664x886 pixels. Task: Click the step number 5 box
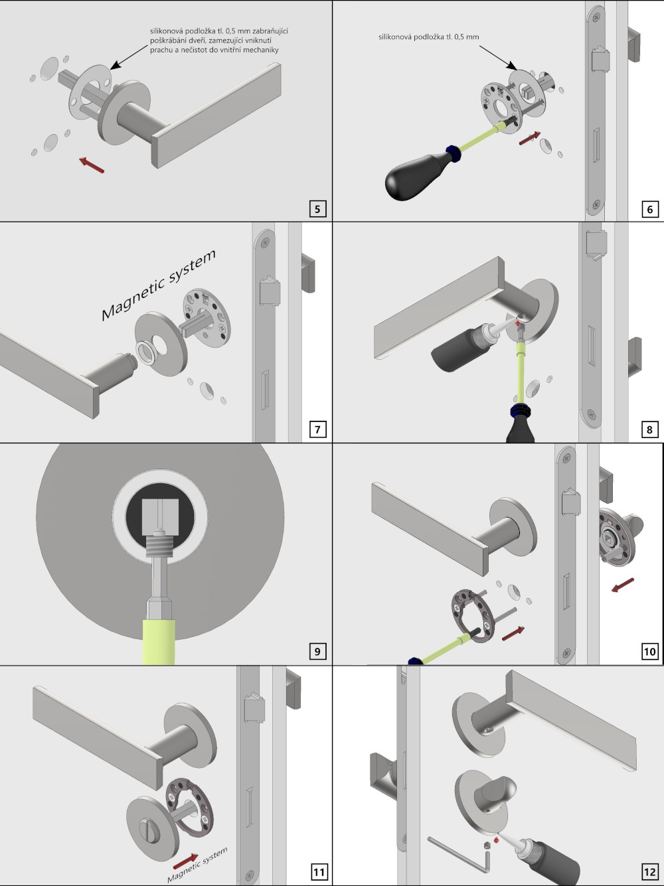click(x=317, y=209)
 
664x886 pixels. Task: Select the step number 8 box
click(x=649, y=429)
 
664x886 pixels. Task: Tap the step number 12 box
click(x=649, y=871)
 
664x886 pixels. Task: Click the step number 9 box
click(x=317, y=651)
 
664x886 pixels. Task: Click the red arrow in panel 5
click(x=91, y=165)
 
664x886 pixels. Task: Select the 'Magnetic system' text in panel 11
click(x=198, y=865)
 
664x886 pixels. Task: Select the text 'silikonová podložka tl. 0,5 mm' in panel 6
click(x=428, y=37)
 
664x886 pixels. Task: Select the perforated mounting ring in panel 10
click(x=473, y=613)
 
